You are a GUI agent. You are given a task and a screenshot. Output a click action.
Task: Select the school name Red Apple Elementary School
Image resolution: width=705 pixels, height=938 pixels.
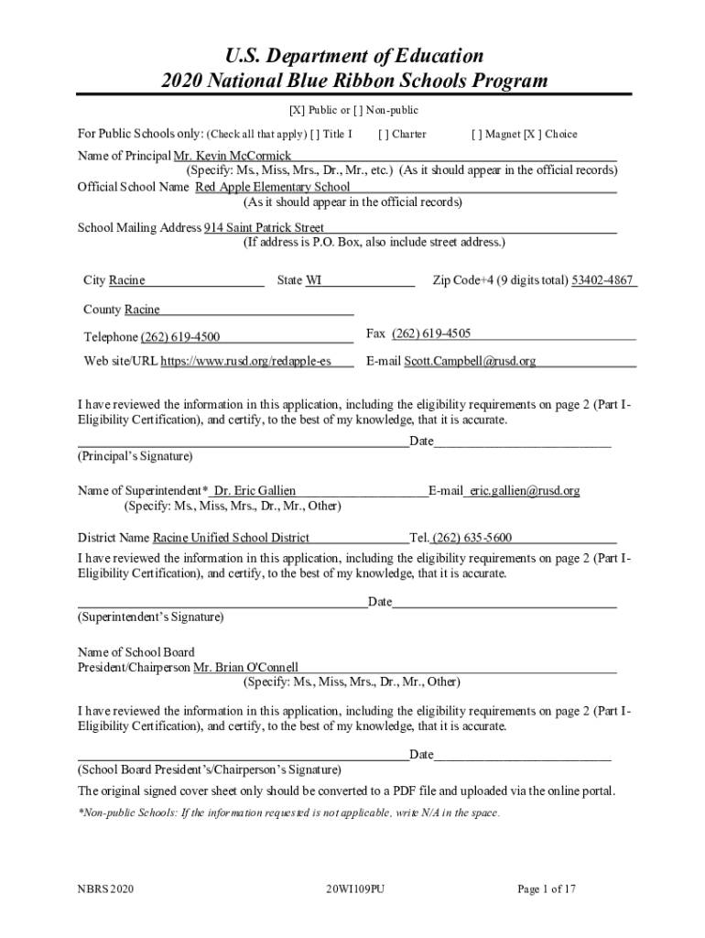[x=273, y=188]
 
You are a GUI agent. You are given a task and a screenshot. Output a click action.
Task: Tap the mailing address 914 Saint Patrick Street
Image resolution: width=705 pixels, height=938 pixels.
[x=264, y=228]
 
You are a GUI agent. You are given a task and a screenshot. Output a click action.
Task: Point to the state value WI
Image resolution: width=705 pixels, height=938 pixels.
[x=313, y=280]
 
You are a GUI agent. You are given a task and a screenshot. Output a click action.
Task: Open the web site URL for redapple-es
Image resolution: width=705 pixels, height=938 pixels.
[x=245, y=362]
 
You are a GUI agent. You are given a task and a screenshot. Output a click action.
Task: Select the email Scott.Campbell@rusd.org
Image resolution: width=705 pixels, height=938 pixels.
[x=471, y=362]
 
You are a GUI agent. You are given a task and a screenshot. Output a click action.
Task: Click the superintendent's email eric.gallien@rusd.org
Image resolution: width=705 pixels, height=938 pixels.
[x=526, y=491]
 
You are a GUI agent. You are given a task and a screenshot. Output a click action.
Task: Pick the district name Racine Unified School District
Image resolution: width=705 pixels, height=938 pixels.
[x=231, y=538]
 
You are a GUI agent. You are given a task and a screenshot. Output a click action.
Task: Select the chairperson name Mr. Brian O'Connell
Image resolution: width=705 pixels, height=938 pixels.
[x=245, y=668]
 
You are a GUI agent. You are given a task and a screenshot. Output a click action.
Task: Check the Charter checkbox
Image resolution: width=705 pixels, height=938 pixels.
[x=383, y=135]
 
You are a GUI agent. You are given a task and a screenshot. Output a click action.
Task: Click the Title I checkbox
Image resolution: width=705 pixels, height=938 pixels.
[x=316, y=135]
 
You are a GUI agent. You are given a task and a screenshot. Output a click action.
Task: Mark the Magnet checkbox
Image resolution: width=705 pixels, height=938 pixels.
[x=476, y=135]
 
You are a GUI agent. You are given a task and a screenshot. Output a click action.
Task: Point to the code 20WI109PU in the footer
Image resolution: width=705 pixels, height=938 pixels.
[x=354, y=889]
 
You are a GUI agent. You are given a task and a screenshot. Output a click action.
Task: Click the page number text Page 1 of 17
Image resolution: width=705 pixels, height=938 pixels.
[x=547, y=889]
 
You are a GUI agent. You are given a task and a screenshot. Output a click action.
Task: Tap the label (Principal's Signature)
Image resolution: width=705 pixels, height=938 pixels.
[x=135, y=456]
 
